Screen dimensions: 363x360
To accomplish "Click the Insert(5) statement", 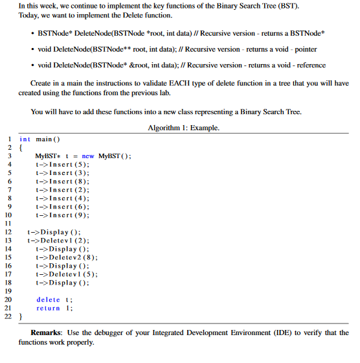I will (x=63, y=165).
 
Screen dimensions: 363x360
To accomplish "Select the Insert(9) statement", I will (x=63, y=215).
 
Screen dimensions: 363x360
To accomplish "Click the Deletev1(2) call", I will (x=58, y=240).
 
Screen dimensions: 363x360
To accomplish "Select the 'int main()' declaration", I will (x=39, y=139).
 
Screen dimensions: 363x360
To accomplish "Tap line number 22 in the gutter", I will (x=8, y=316).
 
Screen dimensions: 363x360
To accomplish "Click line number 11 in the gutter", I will (x=8, y=223).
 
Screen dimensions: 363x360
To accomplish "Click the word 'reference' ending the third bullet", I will (x=309, y=65).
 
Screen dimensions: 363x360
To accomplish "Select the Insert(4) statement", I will (x=63, y=198).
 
